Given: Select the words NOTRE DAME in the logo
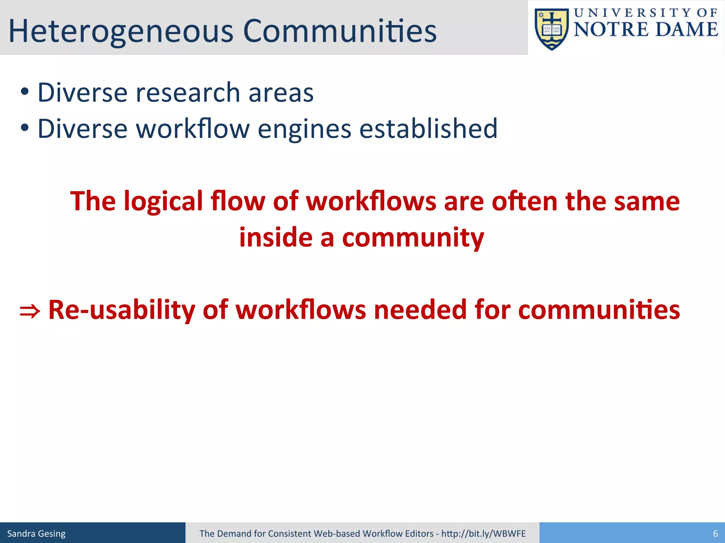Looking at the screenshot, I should pyautogui.click(x=645, y=30).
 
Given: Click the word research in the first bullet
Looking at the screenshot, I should pyautogui.click(x=188, y=93).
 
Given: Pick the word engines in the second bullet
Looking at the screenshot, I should pyautogui.click(x=304, y=129).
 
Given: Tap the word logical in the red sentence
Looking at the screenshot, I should pyautogui.click(x=163, y=202).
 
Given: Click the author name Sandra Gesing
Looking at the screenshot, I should pyautogui.click(x=36, y=533).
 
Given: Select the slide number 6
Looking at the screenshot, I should pyautogui.click(x=715, y=533).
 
